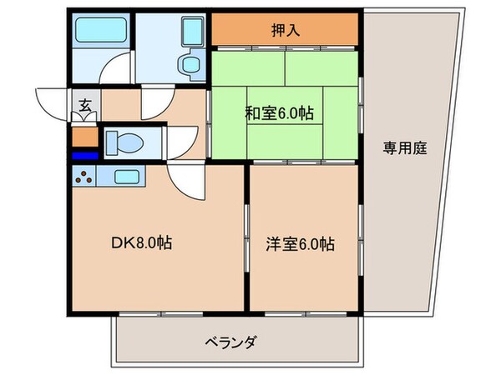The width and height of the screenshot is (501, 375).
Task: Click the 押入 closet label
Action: point(286,30)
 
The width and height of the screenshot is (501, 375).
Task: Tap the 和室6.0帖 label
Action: point(279,113)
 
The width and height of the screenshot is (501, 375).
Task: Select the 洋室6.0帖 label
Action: point(301,244)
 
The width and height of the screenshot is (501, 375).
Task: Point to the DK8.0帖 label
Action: point(142,243)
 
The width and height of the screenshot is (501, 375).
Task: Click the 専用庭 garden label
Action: point(405,148)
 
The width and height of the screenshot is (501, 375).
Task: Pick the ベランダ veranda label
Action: point(230,342)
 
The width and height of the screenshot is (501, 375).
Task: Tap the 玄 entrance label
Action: point(84,106)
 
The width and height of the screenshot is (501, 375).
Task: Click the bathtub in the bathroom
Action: point(101,30)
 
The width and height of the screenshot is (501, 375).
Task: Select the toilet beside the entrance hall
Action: point(124,142)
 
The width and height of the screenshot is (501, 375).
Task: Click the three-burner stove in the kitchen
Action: point(83,177)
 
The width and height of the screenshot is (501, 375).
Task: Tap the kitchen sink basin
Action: point(127,177)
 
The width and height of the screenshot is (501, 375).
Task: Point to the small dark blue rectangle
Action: point(85,156)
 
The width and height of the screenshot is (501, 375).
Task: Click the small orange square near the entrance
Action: point(85,137)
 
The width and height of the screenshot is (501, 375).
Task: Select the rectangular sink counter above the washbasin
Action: point(192,31)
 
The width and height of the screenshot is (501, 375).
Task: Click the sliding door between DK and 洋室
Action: point(246,237)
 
